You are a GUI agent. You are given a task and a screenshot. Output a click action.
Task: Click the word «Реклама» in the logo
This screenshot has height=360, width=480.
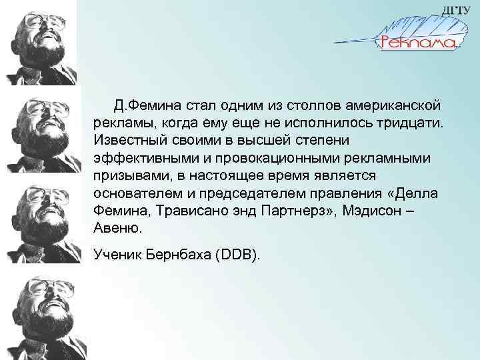coord(417,42)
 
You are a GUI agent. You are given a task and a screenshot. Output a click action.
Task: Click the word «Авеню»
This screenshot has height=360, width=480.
coord(119,227)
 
